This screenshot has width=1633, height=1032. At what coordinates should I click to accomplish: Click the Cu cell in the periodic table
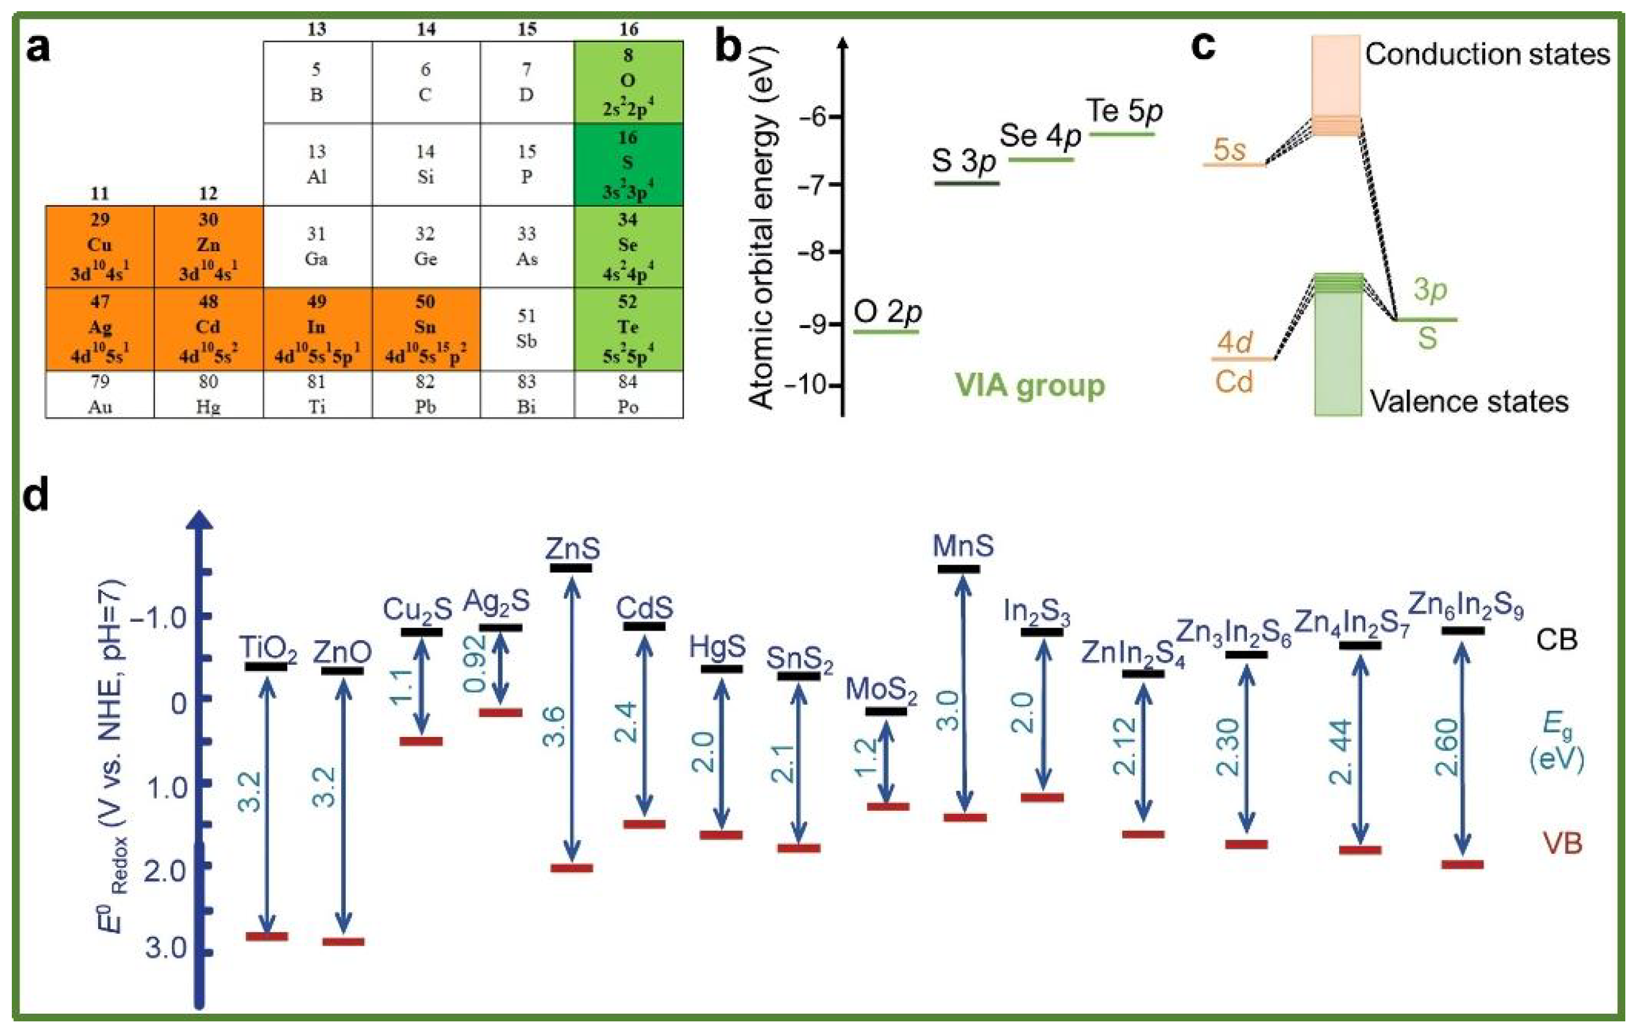[100, 246]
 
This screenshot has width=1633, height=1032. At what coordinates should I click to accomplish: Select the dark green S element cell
[628, 164]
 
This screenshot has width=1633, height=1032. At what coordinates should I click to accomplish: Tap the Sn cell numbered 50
[425, 329]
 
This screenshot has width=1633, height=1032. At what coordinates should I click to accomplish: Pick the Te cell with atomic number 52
[628, 329]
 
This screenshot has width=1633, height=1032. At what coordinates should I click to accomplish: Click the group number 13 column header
[317, 29]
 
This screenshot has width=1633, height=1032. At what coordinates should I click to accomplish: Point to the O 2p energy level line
[886, 332]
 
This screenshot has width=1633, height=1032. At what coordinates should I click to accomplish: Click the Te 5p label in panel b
[1124, 111]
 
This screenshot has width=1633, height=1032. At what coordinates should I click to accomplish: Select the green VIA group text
[1029, 386]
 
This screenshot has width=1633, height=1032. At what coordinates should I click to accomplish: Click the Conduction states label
[1486, 54]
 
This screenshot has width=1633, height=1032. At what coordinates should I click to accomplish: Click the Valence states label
[1469, 401]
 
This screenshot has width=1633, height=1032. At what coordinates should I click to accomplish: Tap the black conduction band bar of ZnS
[571, 567]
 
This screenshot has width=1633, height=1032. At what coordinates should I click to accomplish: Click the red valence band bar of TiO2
[267, 936]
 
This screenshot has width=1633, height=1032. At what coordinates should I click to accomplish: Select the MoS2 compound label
[881, 690]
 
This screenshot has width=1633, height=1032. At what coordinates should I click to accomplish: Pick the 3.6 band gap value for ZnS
[555, 725]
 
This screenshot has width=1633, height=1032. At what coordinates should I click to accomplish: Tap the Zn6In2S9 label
[1466, 605]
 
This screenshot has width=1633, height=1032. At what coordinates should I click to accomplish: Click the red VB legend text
[1563, 843]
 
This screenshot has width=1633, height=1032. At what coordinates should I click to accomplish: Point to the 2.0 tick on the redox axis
[203, 865]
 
